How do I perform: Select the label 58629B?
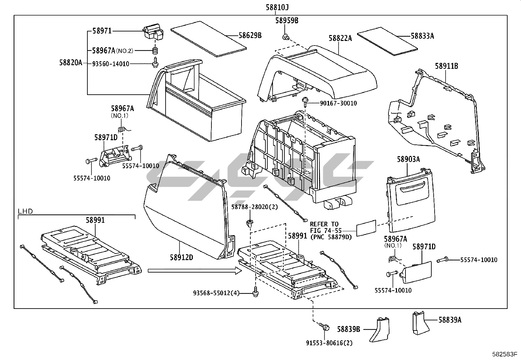coord(250,35)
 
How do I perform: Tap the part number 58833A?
coord(422,36)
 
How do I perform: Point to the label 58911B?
coord(446,66)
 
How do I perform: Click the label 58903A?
coord(408,160)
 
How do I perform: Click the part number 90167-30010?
coord(338,103)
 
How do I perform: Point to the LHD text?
coord(26,211)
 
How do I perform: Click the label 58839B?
coord(349,329)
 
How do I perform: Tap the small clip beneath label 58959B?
coord(286,37)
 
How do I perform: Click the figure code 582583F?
coord(504,354)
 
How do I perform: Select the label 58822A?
coord(340,39)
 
